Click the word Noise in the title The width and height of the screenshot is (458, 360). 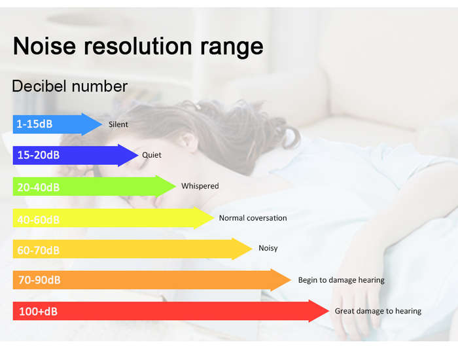[44, 46]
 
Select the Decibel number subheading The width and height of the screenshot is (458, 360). [70, 86]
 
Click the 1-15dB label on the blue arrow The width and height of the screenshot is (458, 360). [35, 124]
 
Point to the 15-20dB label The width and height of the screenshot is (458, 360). [38, 155]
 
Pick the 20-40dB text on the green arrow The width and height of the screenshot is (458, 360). [38, 187]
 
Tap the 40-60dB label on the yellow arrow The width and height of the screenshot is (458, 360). [38, 220]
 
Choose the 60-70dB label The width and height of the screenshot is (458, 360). [38, 251]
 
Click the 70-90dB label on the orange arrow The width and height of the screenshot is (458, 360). [39, 280]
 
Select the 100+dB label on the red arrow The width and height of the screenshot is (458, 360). [38, 312]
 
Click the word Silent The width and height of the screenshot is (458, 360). [118, 124]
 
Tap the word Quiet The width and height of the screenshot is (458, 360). [152, 155]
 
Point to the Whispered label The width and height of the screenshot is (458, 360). [200, 186]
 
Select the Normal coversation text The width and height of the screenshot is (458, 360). [253, 218]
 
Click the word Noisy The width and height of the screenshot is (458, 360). [268, 248]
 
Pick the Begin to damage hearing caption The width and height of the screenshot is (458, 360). [342, 280]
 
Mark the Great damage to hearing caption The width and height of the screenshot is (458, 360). [378, 311]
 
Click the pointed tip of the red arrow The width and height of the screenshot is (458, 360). [329, 311]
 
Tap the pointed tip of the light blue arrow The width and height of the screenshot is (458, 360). [102, 124]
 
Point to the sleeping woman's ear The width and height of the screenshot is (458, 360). [189, 142]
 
